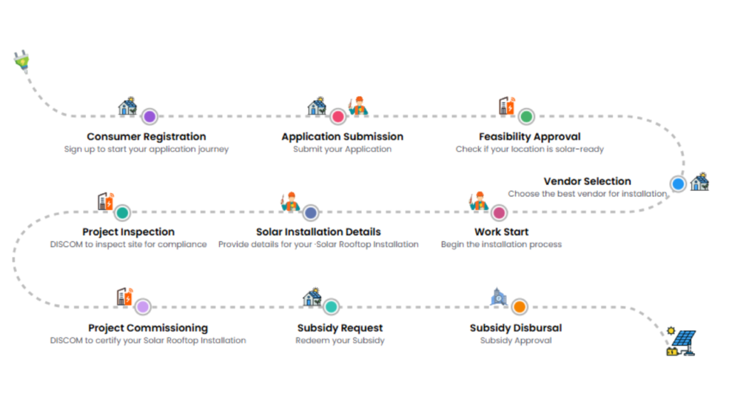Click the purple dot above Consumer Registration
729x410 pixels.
149,117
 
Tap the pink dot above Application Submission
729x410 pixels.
338,117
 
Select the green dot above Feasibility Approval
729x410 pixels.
526,117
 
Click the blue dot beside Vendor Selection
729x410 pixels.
678,184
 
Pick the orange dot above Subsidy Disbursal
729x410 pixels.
519,307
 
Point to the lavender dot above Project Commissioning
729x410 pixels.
143,307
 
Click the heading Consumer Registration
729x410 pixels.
146,136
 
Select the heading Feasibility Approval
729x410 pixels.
529,136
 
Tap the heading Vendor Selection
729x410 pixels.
587,182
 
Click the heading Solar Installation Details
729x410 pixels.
318,231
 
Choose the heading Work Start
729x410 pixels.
501,231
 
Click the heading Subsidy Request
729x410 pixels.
340,327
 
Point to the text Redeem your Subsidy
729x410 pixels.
340,340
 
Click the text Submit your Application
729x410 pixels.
342,149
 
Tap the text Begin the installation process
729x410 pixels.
501,244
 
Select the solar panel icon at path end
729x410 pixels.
681,342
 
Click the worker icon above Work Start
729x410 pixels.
478,201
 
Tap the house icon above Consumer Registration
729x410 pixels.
128,106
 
